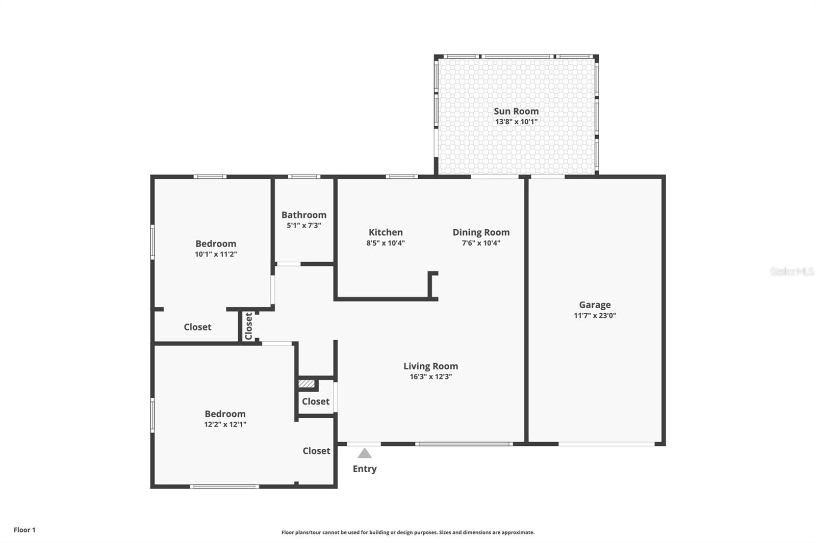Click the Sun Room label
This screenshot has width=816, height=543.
[516, 111]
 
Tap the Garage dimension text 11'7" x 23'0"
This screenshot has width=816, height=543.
[595, 315]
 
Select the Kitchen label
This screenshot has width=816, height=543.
[386, 232]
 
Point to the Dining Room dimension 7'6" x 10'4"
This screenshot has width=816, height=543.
[481, 243]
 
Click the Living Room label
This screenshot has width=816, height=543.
[430, 366]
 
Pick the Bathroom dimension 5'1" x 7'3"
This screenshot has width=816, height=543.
[304, 226]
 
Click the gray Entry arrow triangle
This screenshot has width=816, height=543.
[364, 453]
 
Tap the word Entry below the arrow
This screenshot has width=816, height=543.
[364, 469]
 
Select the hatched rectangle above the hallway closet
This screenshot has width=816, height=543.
[307, 384]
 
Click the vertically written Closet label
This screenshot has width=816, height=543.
[249, 326]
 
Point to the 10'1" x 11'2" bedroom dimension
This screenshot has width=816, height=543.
[216, 254]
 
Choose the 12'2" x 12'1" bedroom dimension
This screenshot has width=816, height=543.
[225, 424]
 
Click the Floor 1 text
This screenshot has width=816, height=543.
[24, 530]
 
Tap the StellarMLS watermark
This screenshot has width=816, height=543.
[792, 271]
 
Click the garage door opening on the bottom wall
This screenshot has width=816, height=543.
[606, 444]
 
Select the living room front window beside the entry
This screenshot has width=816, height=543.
[464, 444]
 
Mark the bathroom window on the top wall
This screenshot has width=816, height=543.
[304, 177]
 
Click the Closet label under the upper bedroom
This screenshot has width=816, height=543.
[197, 327]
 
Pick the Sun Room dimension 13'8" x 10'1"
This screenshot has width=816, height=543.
[516, 122]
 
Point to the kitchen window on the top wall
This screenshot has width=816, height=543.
[402, 177]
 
